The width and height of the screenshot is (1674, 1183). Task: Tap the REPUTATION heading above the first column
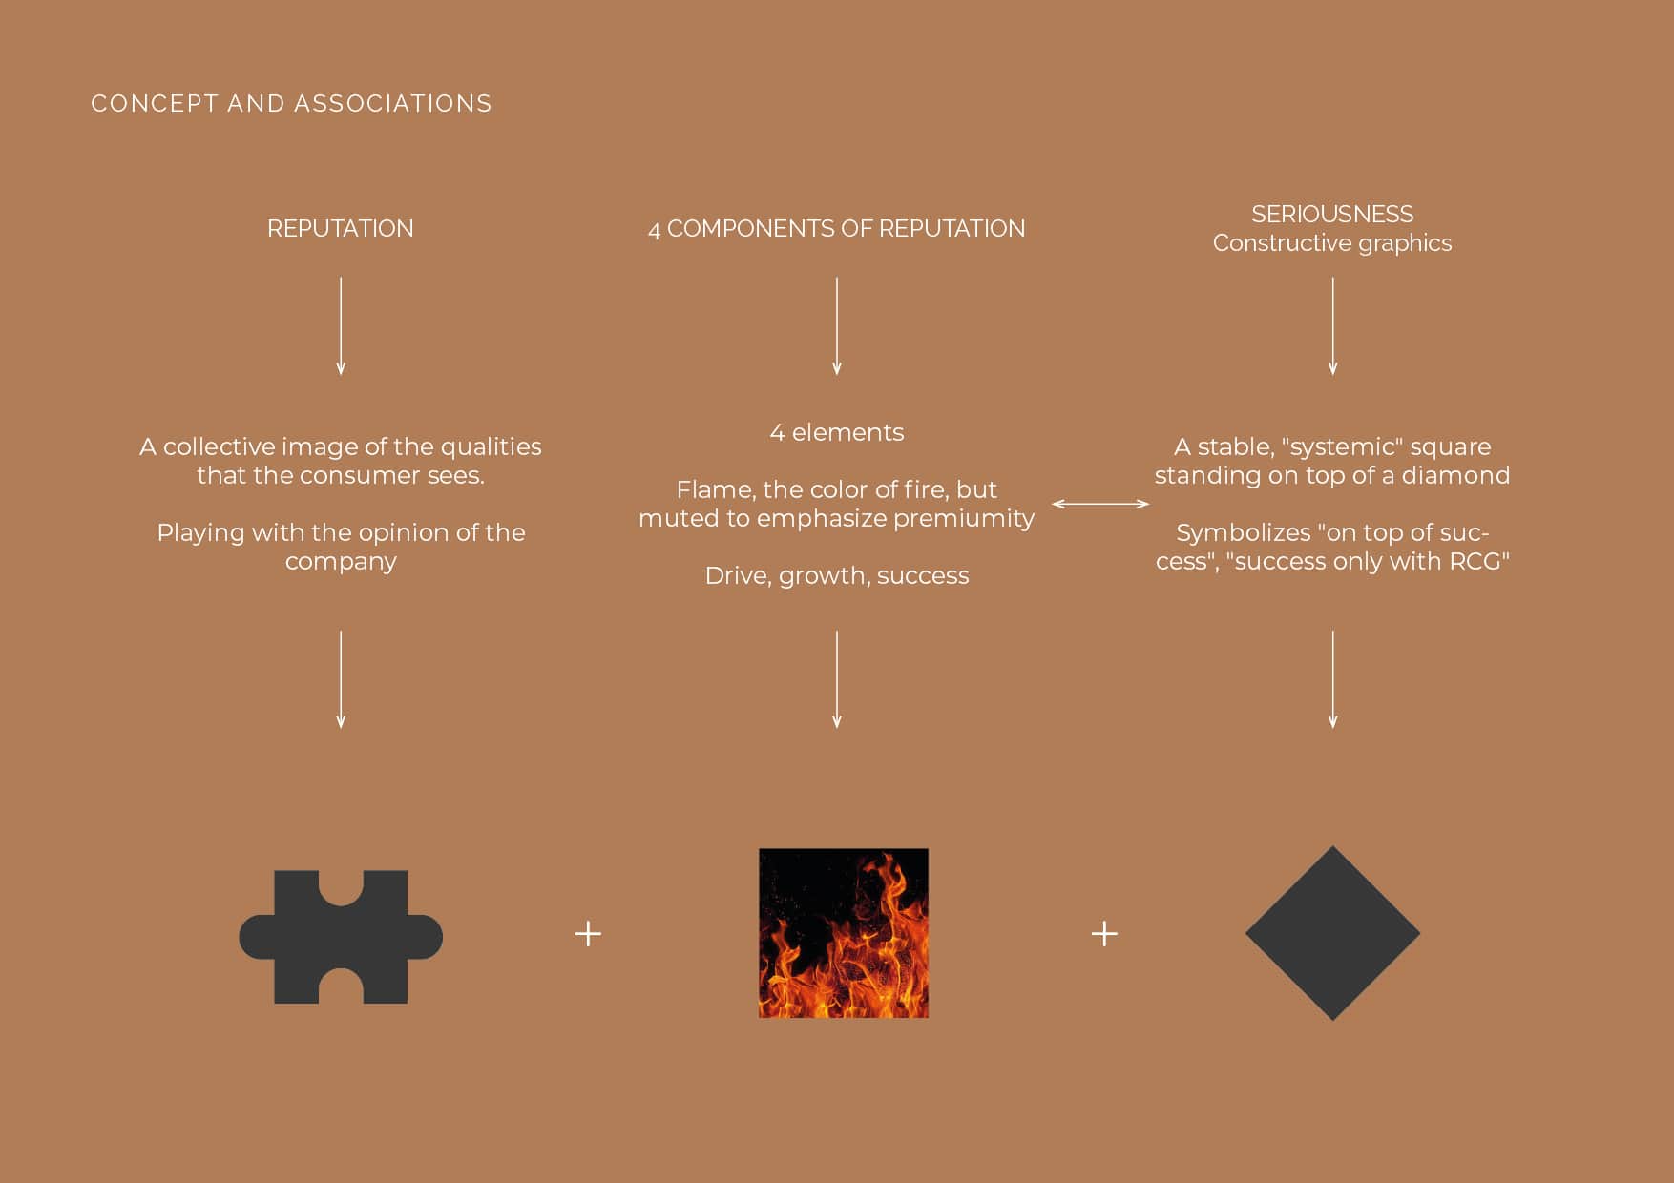click(341, 229)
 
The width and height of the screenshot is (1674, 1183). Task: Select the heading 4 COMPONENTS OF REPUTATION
click(837, 229)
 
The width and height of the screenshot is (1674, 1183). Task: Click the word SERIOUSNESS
click(1332, 214)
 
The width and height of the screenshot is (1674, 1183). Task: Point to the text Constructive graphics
click(1332, 243)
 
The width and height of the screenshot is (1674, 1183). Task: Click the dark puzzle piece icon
click(341, 936)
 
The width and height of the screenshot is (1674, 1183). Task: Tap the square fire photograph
click(844, 933)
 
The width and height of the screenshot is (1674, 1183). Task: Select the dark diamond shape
click(1332, 933)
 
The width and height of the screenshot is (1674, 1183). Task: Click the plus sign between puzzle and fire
click(589, 933)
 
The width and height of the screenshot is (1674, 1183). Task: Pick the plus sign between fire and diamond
click(1104, 933)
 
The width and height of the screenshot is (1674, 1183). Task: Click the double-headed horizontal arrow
click(1100, 504)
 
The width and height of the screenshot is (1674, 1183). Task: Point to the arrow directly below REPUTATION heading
click(341, 325)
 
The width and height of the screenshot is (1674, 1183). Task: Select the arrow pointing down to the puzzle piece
click(341, 679)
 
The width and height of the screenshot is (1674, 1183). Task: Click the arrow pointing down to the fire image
click(837, 679)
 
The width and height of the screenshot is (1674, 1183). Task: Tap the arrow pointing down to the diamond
click(1333, 679)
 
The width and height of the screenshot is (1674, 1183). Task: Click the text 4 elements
click(837, 432)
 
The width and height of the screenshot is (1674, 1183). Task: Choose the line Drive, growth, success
click(837, 576)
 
